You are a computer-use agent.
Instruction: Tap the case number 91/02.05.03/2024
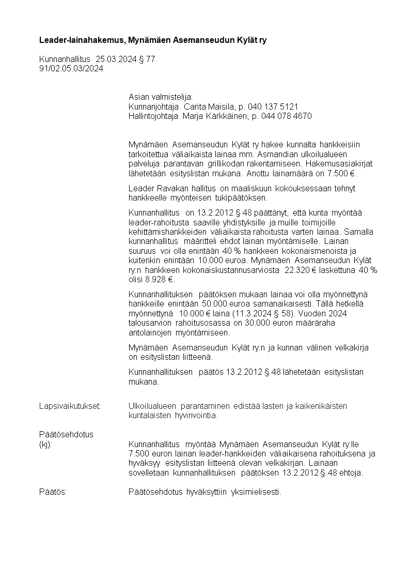(x=71, y=68)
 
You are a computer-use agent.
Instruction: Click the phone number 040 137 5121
(x=277, y=106)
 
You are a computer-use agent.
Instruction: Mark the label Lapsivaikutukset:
(x=70, y=406)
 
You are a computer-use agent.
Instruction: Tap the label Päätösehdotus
(x=66, y=434)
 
